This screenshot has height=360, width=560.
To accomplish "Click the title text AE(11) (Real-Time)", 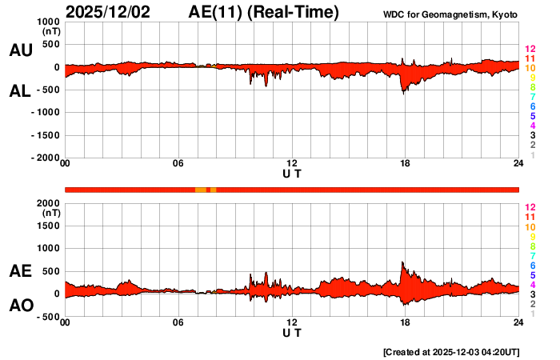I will (x=264, y=12).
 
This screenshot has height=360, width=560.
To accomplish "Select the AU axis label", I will (x=20, y=50).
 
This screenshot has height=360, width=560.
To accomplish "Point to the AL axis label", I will (x=20, y=90).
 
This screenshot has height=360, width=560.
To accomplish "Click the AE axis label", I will (x=20, y=271).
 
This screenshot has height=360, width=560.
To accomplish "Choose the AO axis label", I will (x=20, y=306).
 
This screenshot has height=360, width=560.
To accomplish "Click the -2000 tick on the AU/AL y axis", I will (x=46, y=158).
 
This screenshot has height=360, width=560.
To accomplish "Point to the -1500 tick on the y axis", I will (x=46, y=135).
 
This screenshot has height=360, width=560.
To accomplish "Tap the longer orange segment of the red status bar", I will (x=200, y=190).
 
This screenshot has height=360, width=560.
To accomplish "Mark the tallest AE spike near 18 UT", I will (x=403, y=263).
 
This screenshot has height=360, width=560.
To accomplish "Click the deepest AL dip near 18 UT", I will (x=404, y=92).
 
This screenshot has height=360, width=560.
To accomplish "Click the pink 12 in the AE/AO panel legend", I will (x=529, y=206).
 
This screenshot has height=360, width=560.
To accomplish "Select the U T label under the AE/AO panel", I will (x=292, y=332).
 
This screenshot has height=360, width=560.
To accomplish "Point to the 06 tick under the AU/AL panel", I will (x=178, y=164).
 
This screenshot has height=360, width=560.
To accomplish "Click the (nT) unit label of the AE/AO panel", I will (x=50, y=213).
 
